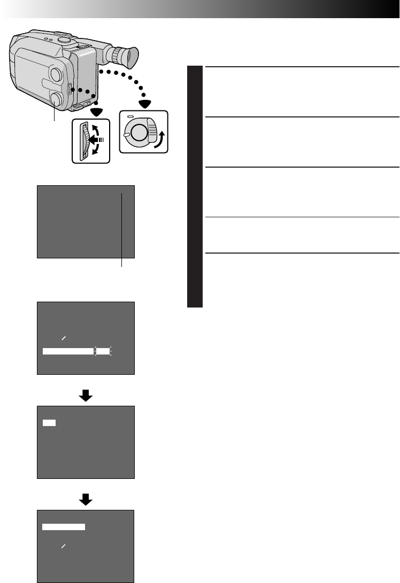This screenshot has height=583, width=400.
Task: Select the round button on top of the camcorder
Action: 64,40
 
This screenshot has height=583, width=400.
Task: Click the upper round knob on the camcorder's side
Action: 55,74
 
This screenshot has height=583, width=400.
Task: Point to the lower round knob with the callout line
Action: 55,98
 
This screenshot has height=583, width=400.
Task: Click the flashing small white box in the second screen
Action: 103,351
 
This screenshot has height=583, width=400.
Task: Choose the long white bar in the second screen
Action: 68,351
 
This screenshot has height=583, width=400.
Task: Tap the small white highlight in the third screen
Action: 49,422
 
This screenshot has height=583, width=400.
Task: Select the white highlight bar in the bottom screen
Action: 64,527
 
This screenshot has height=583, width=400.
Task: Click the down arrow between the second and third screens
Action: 86,396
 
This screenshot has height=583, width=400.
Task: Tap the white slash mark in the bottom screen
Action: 63,547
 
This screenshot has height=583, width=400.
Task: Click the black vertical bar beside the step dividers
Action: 195,186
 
